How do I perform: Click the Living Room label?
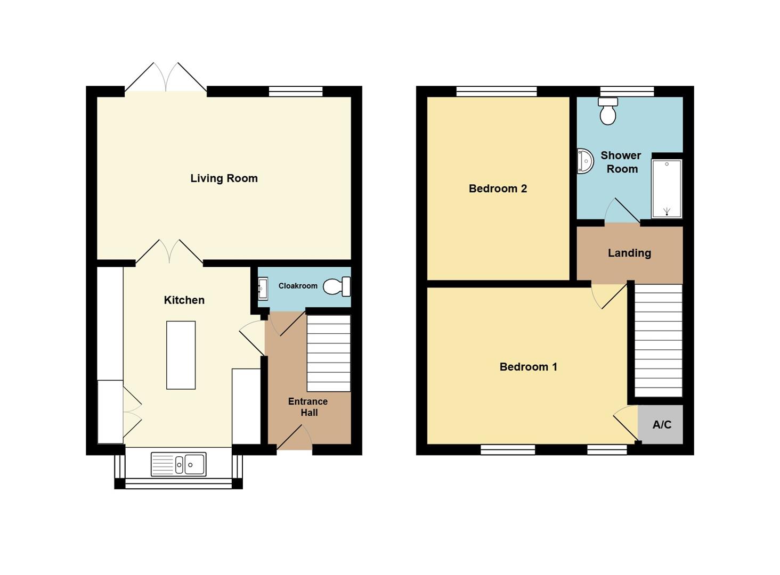pyautogui.click(x=224, y=178)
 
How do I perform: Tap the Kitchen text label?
pyautogui.click(x=184, y=300)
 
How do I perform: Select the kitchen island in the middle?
pyautogui.click(x=181, y=355)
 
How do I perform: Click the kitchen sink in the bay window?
pyautogui.click(x=178, y=464)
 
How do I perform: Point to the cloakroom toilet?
pyautogui.click(x=337, y=286)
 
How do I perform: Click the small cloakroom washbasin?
pyautogui.click(x=263, y=289)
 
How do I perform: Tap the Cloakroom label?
pyautogui.click(x=298, y=286)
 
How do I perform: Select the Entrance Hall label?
pyautogui.click(x=308, y=407)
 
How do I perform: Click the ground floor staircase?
pyautogui.click(x=329, y=353)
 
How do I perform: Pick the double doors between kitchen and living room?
pyautogui.click(x=169, y=252)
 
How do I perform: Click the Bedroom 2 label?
pyautogui.click(x=498, y=188)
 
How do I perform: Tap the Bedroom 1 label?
pyautogui.click(x=528, y=367)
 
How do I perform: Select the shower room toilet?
pyautogui.click(x=607, y=111)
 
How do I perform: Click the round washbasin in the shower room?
pyautogui.click(x=585, y=161)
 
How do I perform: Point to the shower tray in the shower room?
pyautogui.click(x=667, y=188)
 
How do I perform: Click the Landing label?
pyautogui.click(x=629, y=253)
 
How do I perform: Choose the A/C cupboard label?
pyautogui.click(x=662, y=424)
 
